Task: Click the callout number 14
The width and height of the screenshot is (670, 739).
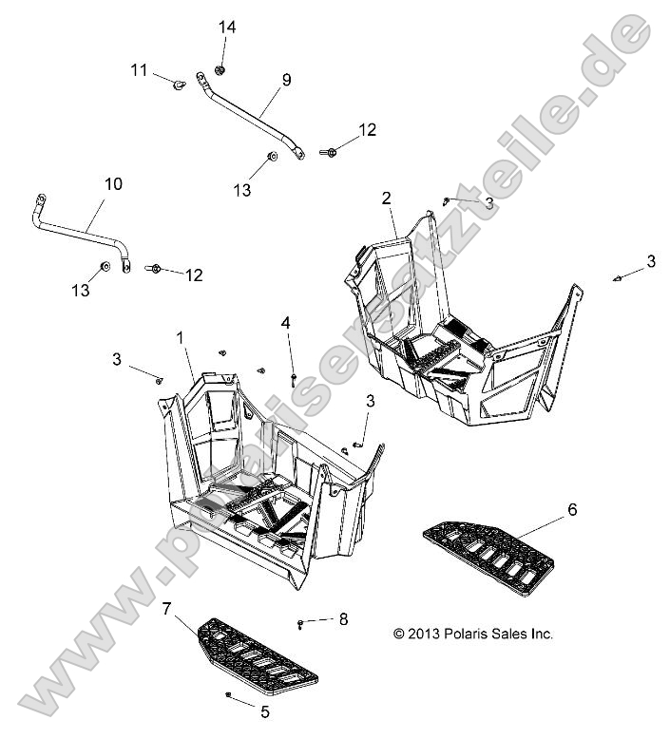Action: [x=227, y=28]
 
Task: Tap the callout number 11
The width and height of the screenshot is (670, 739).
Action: [x=140, y=69]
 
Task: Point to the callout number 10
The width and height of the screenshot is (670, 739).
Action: [x=112, y=183]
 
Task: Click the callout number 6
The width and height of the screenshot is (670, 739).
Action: [x=572, y=510]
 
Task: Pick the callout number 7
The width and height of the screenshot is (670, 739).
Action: [x=166, y=607]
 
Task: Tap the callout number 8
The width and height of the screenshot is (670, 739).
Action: [x=343, y=619]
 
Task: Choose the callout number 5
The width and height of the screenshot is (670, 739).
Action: [x=265, y=710]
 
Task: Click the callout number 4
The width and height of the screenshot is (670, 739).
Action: [x=286, y=323]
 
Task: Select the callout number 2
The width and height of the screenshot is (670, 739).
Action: [x=386, y=198]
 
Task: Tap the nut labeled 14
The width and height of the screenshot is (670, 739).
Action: [x=221, y=69]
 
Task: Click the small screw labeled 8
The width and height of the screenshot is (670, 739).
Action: [x=301, y=622]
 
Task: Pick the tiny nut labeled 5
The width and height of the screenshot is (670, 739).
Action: [x=230, y=696]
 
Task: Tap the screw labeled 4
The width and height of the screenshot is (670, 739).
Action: [x=294, y=378]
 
